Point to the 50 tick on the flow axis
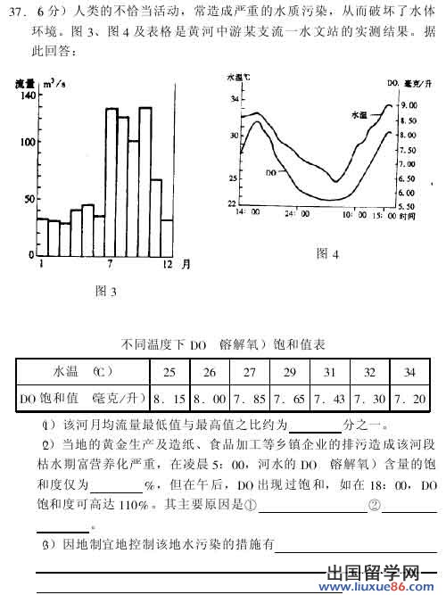tap(29, 199)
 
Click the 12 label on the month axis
tap(166, 266)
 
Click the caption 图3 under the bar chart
tap(106, 291)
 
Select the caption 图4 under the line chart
tap(327, 254)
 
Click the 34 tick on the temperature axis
tap(234, 99)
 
